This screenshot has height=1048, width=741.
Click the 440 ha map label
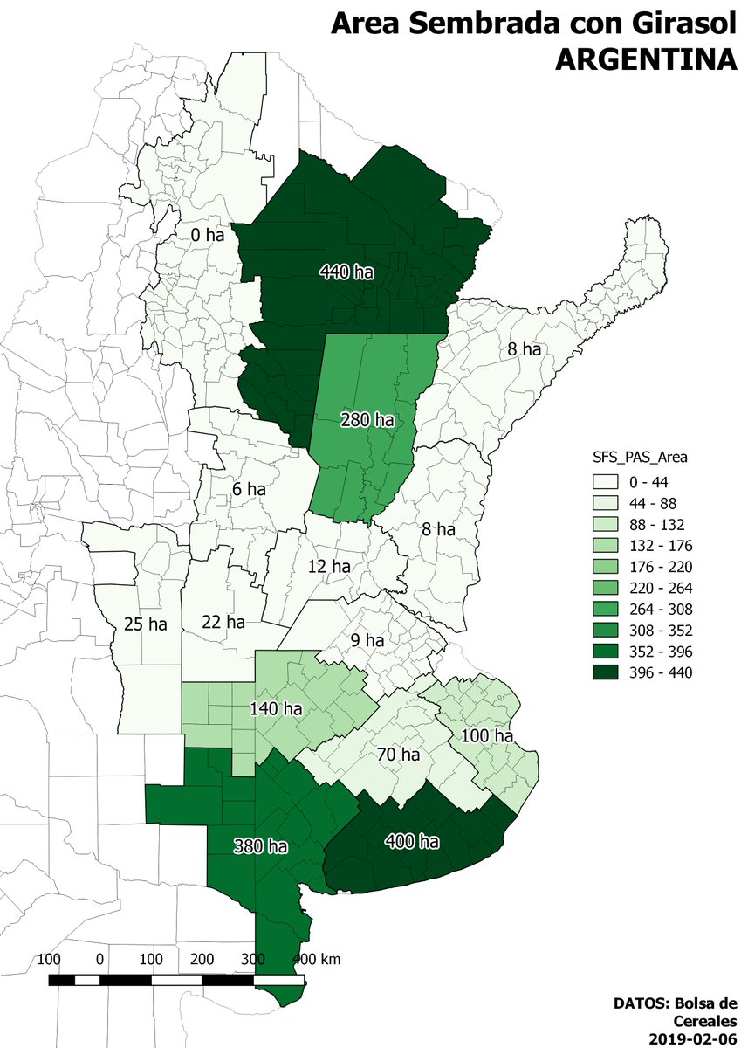pos(346,273)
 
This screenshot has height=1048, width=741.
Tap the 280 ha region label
pos(367,420)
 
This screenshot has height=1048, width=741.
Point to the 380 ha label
pos(261,846)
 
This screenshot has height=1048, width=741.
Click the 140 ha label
pos(275,709)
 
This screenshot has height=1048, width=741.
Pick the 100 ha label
pos(486,736)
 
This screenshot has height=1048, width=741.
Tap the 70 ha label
pos(398,754)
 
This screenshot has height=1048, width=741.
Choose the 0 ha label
pos(207,235)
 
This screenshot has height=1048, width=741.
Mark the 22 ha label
pos(223,623)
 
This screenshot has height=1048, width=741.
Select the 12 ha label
pos(328,567)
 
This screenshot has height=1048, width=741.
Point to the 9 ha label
pos(367,640)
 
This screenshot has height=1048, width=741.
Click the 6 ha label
pos(249,490)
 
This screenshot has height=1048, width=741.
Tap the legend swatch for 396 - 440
pos(604,672)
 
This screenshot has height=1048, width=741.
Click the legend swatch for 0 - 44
pos(604,481)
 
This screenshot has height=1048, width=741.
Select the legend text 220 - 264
pos(655,588)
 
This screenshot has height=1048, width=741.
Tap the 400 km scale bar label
pos(316,959)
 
